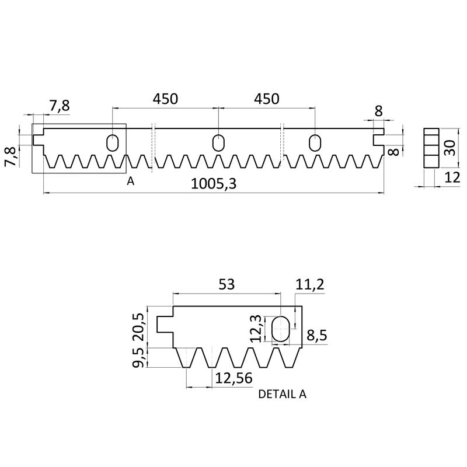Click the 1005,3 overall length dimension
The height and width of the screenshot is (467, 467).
[x=213, y=184]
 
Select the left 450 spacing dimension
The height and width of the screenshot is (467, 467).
[x=165, y=99]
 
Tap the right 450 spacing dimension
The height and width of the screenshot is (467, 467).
[x=267, y=99]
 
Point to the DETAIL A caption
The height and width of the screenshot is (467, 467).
[x=282, y=394]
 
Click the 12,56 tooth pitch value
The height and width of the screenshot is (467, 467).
[x=233, y=378]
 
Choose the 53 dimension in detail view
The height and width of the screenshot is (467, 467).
[x=226, y=284]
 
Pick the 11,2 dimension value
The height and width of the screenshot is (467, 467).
[x=310, y=285]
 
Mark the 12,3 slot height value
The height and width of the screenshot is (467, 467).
[x=256, y=329]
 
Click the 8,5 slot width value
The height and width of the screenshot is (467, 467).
[x=317, y=335]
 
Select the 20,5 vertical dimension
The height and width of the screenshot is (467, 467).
[x=138, y=327]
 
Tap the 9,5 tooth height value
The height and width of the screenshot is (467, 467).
[x=138, y=358]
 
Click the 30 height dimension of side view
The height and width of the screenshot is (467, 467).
[x=449, y=148]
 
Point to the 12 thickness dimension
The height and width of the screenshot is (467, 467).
[x=452, y=178]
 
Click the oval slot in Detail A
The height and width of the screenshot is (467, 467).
[x=280, y=329]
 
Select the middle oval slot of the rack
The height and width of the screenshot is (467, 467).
[x=218, y=142]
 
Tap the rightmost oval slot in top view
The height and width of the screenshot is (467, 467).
[x=315, y=142]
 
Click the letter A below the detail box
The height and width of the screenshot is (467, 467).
[x=130, y=181]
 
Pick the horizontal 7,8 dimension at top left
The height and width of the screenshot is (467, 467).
[x=60, y=106]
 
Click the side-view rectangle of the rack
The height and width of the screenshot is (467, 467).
[x=431, y=148]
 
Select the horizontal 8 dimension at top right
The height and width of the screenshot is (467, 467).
[x=378, y=111]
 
